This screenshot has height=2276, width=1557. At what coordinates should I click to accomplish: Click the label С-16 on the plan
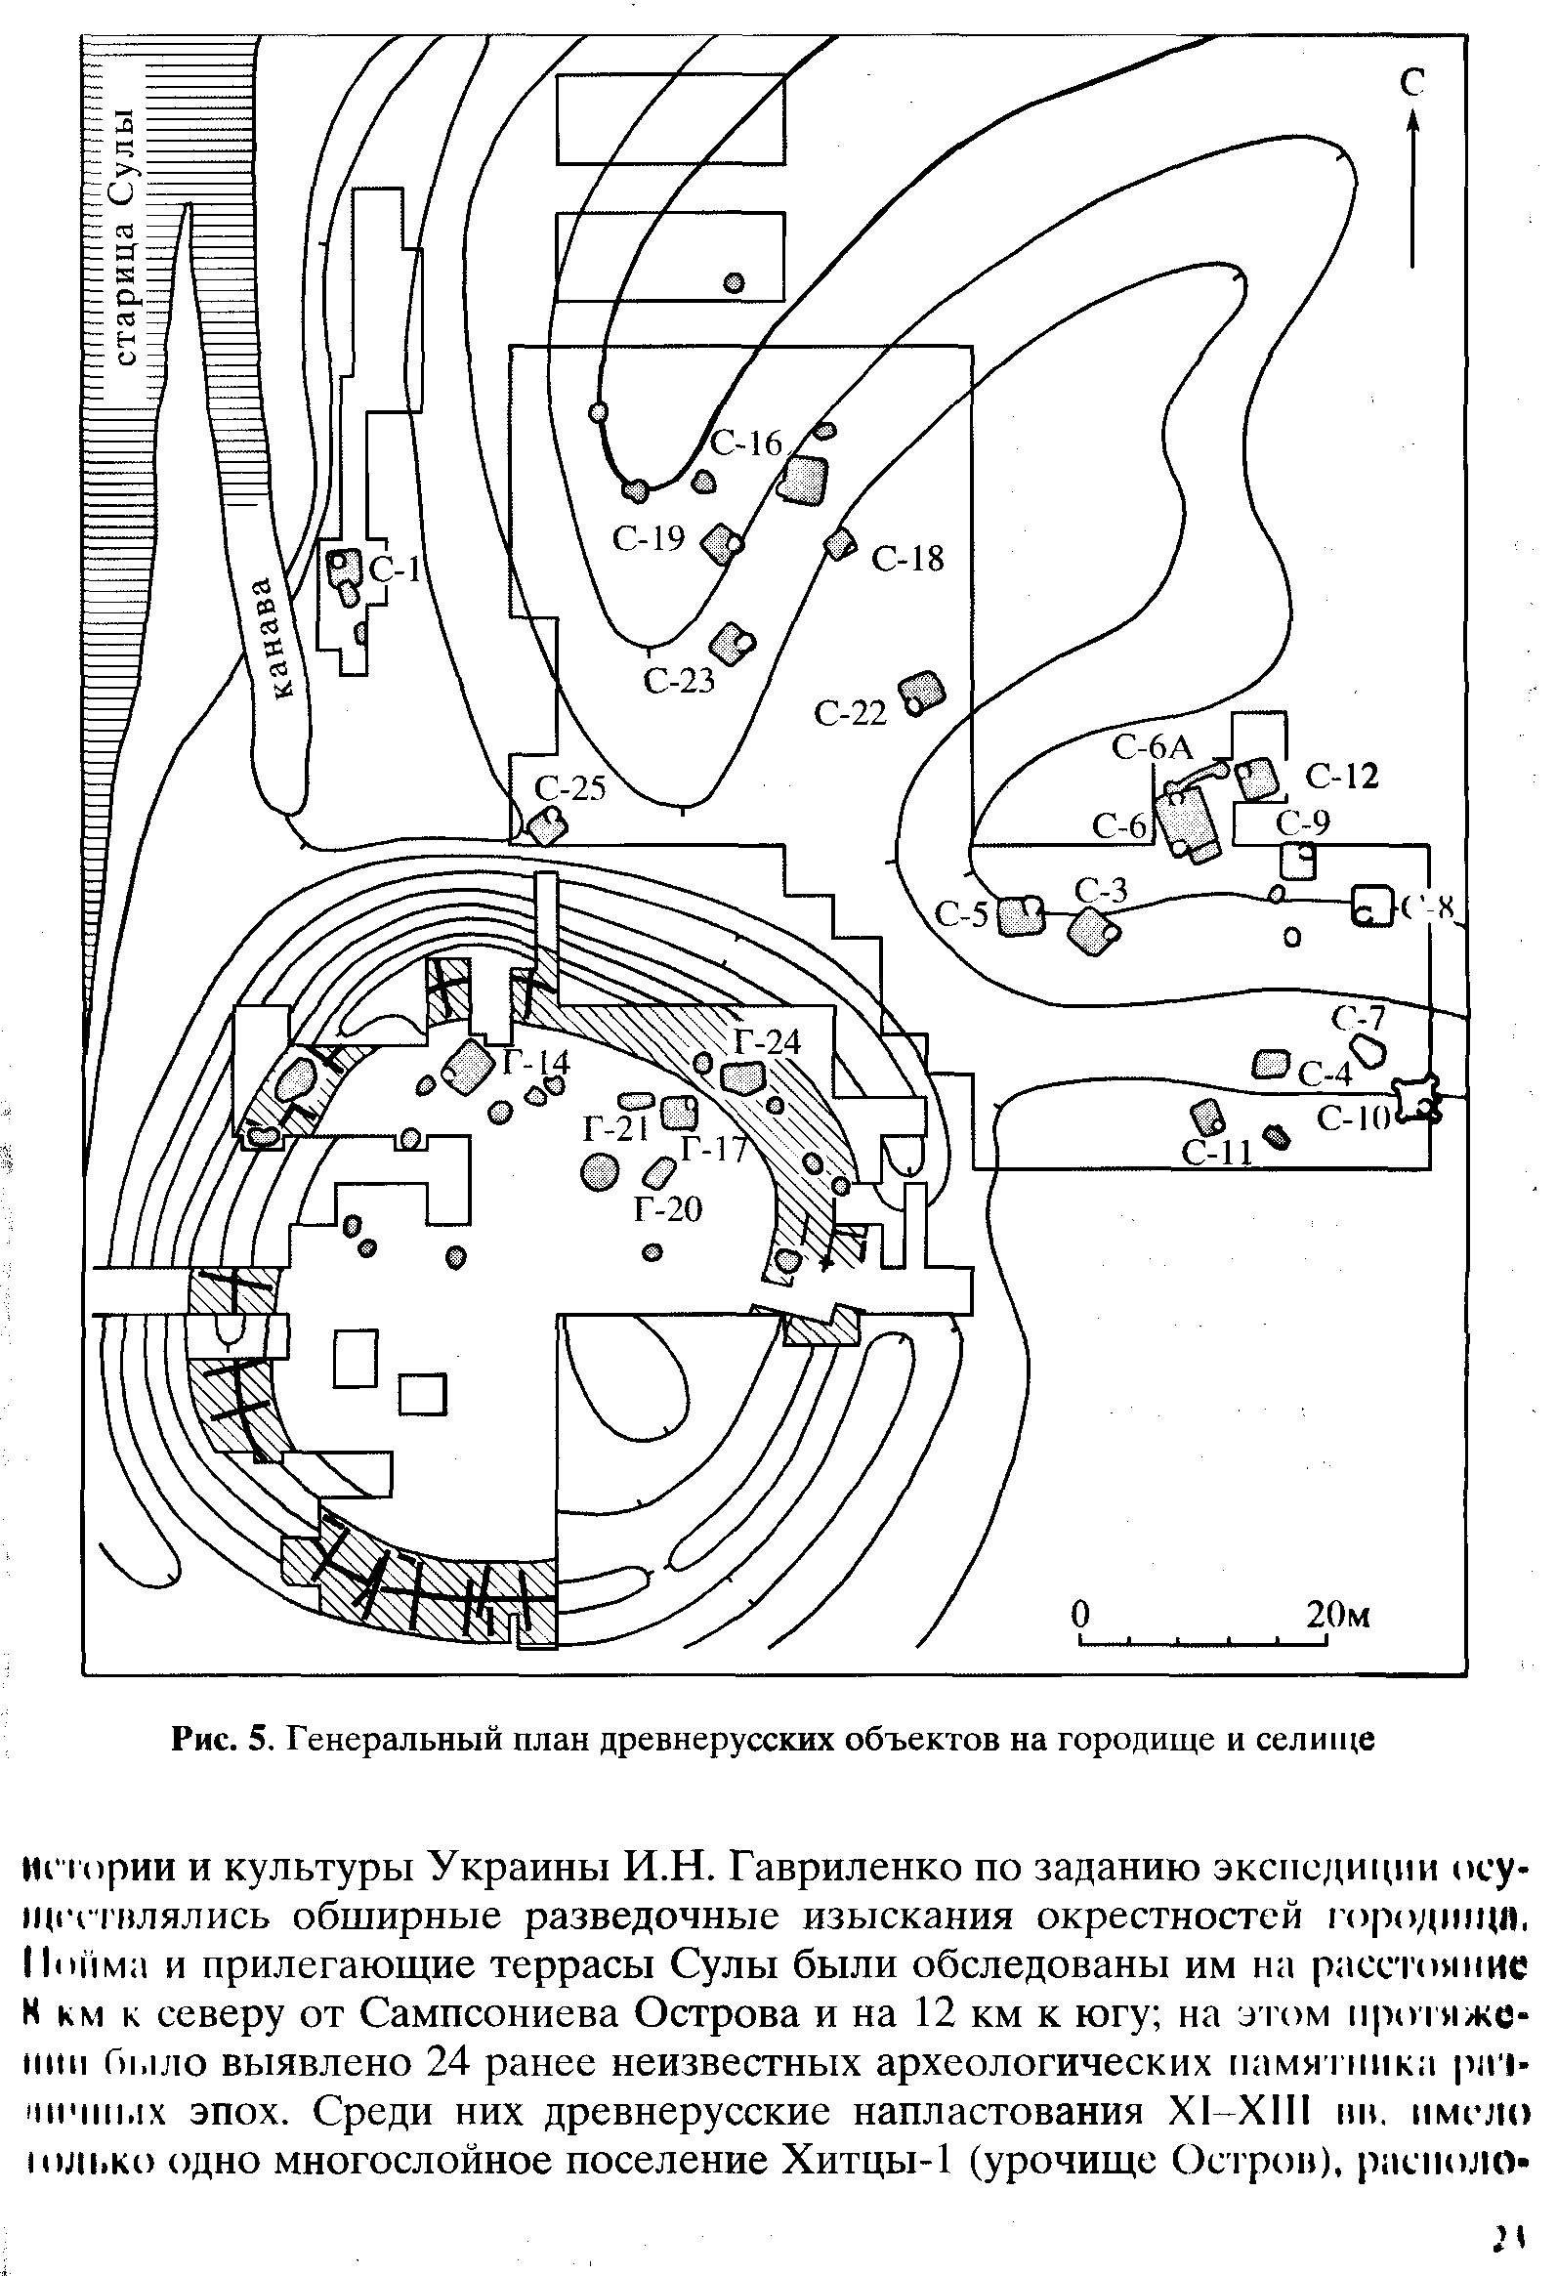coord(746,444)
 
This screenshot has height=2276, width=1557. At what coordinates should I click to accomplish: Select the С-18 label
coord(907,558)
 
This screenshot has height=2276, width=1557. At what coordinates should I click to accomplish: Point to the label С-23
coord(679,680)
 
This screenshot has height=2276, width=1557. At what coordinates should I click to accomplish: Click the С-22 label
coord(850,714)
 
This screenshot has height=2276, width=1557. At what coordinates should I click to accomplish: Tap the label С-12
coord(1341,777)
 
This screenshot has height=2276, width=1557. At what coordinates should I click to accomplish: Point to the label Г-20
coord(668,1209)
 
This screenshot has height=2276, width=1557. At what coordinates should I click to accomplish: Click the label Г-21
coord(616,1130)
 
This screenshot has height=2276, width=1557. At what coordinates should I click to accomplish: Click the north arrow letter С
coord(1411,84)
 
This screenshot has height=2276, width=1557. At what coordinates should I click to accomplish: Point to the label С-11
coord(1217,1153)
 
